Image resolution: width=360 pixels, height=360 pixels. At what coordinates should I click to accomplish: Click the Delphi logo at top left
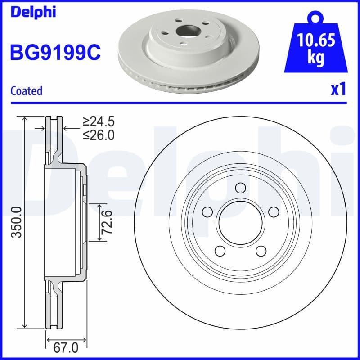click(32, 12)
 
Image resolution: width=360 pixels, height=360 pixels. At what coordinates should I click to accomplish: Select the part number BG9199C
click(55, 52)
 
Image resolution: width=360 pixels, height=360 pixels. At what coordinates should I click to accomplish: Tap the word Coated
click(27, 90)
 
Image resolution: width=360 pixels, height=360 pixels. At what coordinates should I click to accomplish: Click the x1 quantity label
click(338, 90)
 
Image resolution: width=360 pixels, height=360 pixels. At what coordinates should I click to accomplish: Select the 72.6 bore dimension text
click(106, 222)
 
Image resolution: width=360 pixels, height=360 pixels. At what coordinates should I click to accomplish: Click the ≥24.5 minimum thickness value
click(99, 121)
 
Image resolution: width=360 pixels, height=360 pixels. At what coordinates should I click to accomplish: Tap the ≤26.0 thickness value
click(99, 135)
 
